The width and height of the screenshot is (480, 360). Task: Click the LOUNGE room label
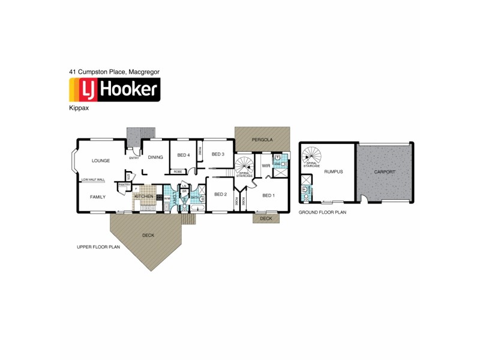100,161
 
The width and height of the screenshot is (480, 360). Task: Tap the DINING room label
155,157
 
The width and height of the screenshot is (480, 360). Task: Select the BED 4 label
183,155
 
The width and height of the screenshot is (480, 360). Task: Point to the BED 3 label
218,154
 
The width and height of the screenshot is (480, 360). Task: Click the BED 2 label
220,194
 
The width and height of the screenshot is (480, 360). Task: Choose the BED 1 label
268,196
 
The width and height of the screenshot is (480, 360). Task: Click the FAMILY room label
98,197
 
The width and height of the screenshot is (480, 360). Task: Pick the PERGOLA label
262,139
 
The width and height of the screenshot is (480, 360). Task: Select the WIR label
266,166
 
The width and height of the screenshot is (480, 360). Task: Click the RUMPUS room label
333,172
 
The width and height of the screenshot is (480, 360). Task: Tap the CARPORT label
384,172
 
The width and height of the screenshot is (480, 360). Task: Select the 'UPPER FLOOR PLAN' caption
98,247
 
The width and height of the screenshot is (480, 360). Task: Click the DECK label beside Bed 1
266,219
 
